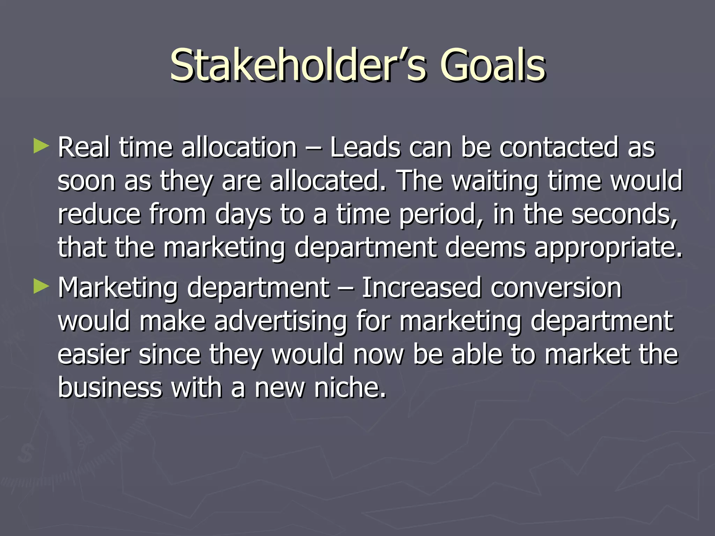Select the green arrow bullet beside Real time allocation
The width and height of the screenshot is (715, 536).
[x=41, y=147]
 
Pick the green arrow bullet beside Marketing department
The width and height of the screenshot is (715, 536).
[x=41, y=286]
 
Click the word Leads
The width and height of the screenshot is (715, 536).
[x=365, y=147]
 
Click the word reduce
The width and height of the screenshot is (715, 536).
[x=99, y=214]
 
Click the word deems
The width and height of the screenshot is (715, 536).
[x=485, y=247]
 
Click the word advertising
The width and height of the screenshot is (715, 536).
[x=280, y=321]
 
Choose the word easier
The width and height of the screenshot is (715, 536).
[x=94, y=355]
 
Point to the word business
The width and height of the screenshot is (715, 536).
[x=110, y=388]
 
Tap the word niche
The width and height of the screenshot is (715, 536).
[x=350, y=388]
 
